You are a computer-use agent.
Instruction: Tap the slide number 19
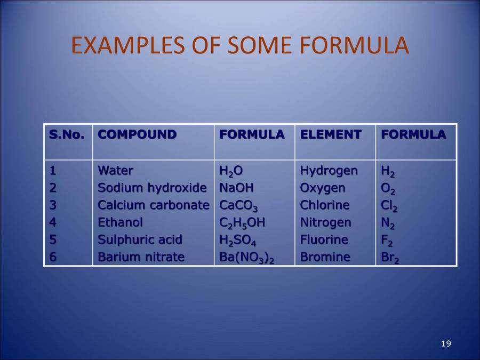click(446, 343)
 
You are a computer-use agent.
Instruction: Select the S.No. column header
click(67, 135)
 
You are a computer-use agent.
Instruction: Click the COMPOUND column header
click(137, 135)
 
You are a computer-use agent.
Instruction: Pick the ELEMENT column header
click(331, 135)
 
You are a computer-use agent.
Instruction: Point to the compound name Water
click(116, 171)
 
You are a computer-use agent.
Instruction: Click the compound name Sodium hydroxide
click(152, 188)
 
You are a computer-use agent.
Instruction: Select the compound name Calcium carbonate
click(153, 205)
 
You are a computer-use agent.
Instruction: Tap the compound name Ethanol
click(120, 222)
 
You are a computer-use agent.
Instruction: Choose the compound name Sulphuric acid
click(140, 240)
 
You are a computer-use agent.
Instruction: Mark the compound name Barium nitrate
click(141, 257)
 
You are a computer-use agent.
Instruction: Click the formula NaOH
click(237, 188)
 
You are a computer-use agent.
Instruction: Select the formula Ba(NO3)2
click(247, 258)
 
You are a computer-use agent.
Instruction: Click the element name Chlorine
click(325, 205)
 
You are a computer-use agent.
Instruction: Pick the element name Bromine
click(325, 257)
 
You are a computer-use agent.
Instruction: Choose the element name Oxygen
click(323, 188)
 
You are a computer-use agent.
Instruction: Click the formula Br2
click(390, 258)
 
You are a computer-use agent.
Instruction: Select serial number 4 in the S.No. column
click(53, 222)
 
